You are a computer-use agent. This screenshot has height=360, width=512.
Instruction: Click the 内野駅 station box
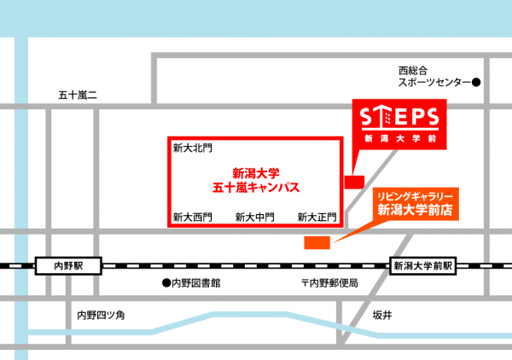(x=67, y=266)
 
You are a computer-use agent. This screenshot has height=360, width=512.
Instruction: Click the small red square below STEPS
(x=353, y=182)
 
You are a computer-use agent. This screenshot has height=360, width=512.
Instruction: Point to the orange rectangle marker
(x=317, y=243)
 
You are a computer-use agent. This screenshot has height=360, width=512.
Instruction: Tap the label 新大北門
(x=189, y=148)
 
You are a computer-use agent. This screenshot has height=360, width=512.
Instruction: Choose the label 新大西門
(x=191, y=217)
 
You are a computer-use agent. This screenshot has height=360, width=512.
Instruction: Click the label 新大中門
(x=254, y=217)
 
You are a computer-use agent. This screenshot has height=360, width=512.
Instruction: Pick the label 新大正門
(x=317, y=217)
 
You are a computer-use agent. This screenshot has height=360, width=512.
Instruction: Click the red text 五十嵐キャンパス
(x=255, y=185)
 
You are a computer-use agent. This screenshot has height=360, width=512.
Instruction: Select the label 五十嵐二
(x=78, y=95)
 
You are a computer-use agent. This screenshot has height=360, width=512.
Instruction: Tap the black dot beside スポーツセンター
(x=477, y=83)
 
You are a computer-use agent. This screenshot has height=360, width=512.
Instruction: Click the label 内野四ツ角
(x=102, y=315)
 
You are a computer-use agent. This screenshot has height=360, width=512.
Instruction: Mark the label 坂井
(x=382, y=315)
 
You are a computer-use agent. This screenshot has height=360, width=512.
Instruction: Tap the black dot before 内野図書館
(x=167, y=282)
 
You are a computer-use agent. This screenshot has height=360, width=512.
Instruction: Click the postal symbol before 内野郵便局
(x=305, y=282)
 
